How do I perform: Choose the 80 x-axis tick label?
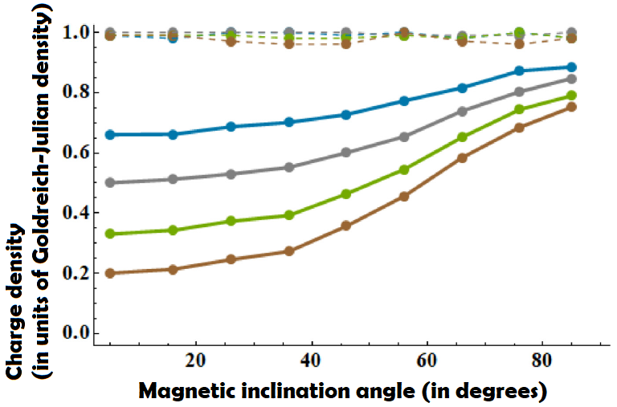tap(542, 360)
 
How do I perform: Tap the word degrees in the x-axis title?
tap(502, 392)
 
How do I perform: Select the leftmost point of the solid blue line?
tap(110, 134)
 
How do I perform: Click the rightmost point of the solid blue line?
tap(572, 67)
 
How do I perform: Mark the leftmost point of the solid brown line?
tap(110, 273)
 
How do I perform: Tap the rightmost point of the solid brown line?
tap(572, 107)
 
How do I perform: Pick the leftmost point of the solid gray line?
tap(110, 182)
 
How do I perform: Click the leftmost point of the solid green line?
tap(110, 234)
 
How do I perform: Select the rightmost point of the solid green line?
tap(572, 96)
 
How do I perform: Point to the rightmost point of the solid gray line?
tap(572, 79)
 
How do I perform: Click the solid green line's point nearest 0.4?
tap(289, 215)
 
